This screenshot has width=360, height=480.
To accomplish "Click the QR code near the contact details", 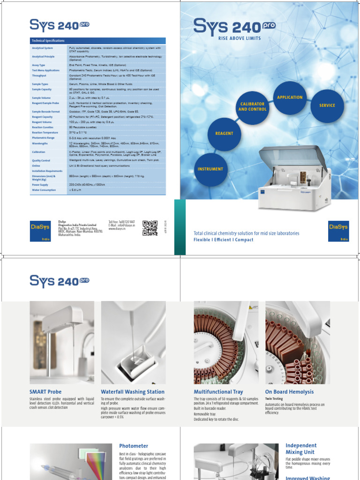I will [150, 227].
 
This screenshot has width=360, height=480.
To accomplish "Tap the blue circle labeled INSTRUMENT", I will [210, 169].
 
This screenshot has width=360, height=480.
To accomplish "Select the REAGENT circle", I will [224, 134].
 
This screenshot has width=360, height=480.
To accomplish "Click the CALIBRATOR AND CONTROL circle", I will [253, 107].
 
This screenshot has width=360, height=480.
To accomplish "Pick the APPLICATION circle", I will [290, 97].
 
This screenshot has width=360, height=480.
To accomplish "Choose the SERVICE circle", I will [327, 105].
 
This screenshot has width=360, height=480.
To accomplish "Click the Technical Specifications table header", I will [97, 41].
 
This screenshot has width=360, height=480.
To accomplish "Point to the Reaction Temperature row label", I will [45, 132].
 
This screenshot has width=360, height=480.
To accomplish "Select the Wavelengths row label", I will [40, 144].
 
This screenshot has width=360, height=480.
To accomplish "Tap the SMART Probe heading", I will [45, 392].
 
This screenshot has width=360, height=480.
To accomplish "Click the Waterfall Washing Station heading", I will [133, 392].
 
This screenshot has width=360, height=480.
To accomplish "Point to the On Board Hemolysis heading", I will [289, 392].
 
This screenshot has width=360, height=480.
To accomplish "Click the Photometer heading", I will [134, 446].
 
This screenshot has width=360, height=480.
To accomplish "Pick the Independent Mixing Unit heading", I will [301, 449].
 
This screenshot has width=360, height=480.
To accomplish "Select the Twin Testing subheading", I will [274, 398].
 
